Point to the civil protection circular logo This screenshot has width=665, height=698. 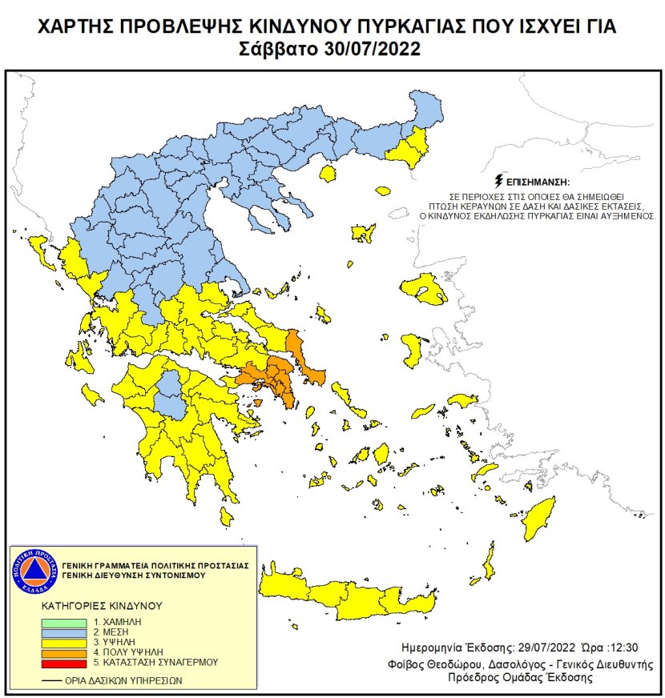[33, 569]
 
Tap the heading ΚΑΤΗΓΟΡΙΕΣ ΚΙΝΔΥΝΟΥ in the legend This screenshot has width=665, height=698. [92, 606]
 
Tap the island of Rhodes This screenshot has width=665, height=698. [542, 516]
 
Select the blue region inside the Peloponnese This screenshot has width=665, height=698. [169, 393]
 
